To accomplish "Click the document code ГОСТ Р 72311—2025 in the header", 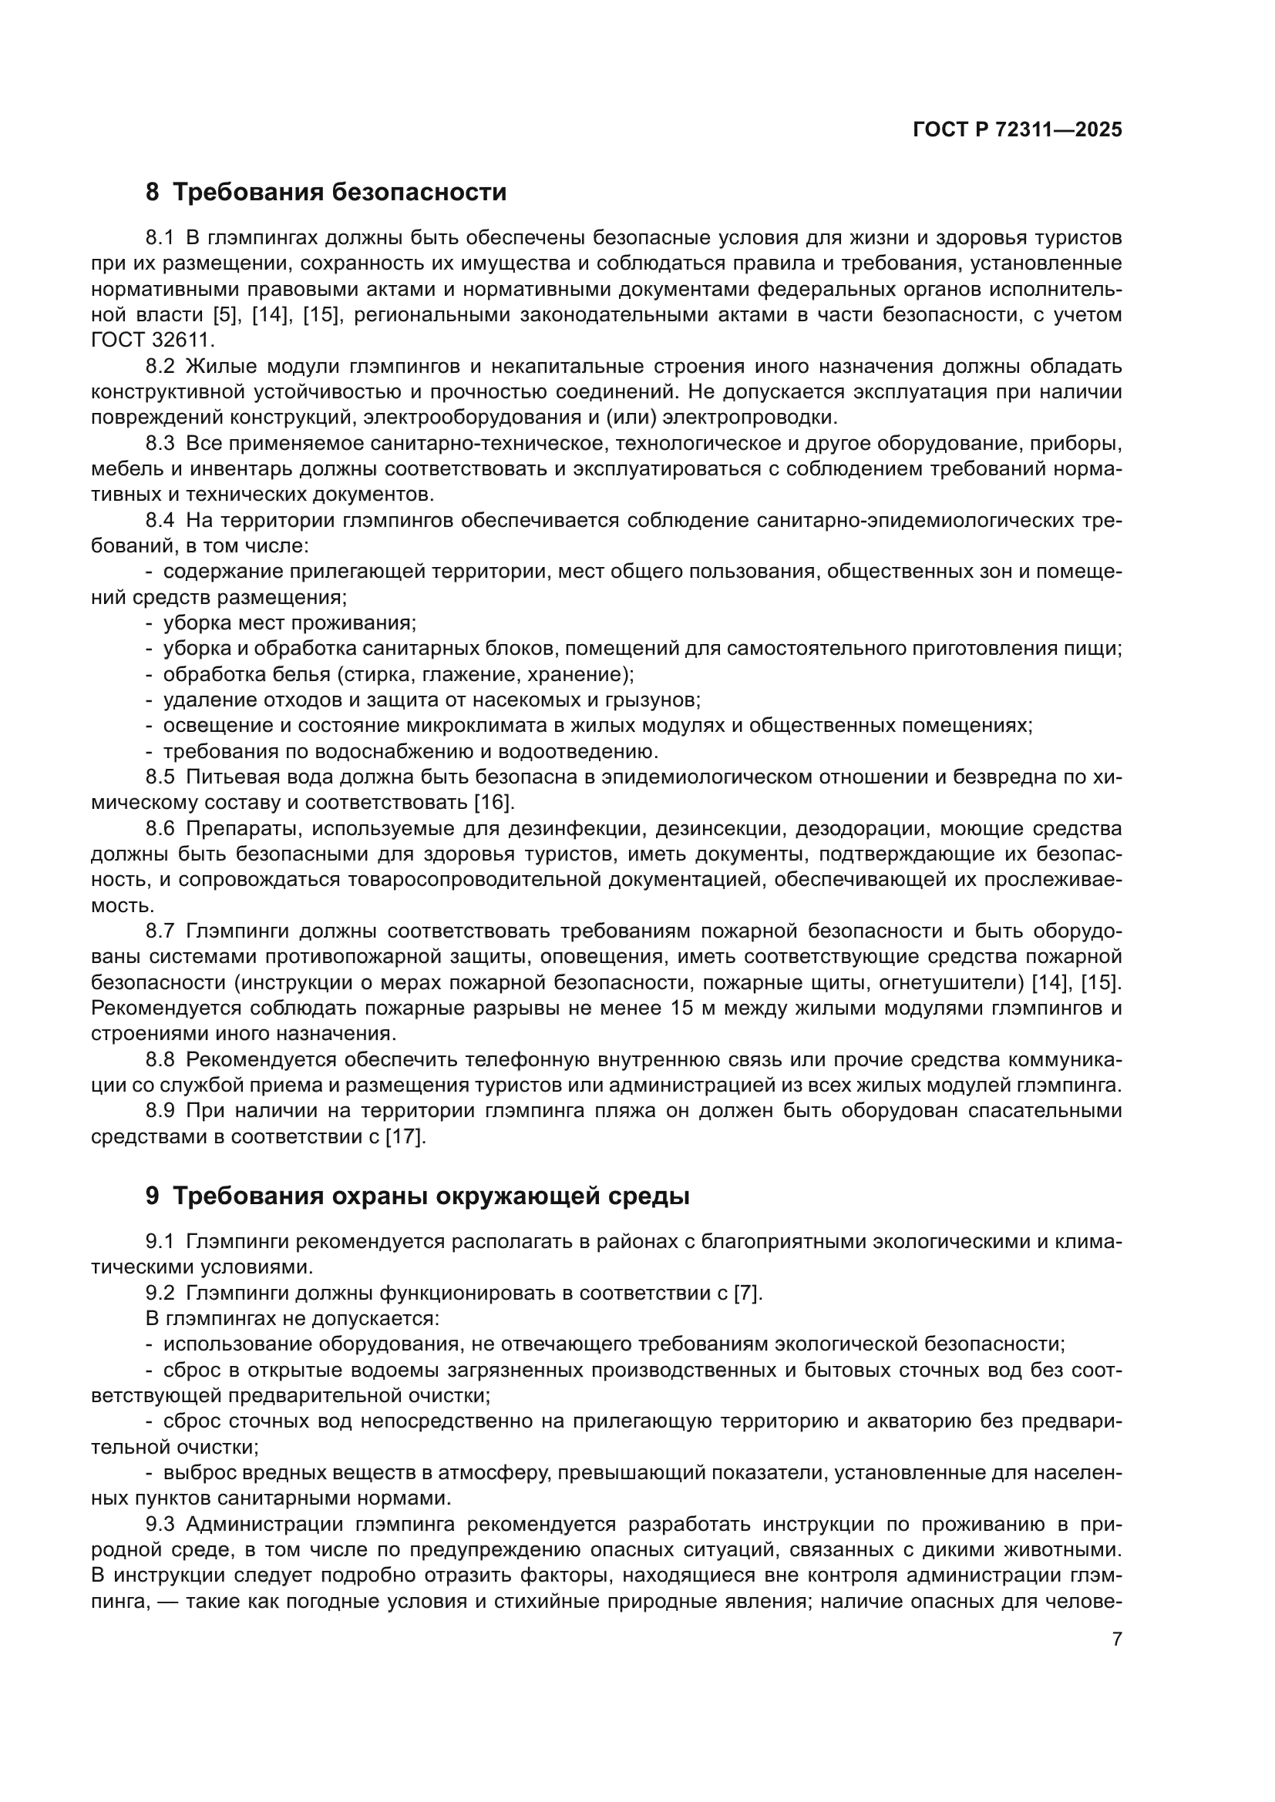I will tap(1018, 130).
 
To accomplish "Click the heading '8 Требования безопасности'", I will tap(326, 193).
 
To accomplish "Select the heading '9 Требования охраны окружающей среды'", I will tap(417, 1196).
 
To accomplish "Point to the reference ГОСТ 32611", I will tap(151, 341).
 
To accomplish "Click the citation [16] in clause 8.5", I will tap(493, 803).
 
